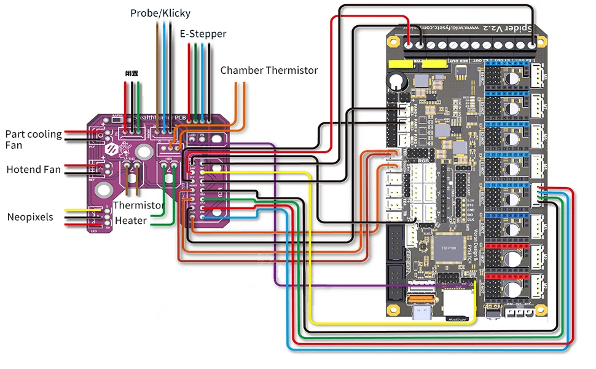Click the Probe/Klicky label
pyautogui.click(x=160, y=13)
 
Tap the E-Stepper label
pyautogui.click(x=203, y=34)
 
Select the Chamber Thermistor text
pyautogui.click(x=269, y=71)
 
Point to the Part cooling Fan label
pyautogui.click(x=33, y=140)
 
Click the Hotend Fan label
pyautogui.click(x=33, y=169)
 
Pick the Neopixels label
pyautogui.click(x=30, y=217)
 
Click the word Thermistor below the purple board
pyautogui.click(x=138, y=205)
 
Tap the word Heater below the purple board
pyautogui.click(x=130, y=220)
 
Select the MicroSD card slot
pyautogui.click(x=457, y=306)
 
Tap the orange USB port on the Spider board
pyautogui.click(x=423, y=300)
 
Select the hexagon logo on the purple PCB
pyautogui.click(x=112, y=149)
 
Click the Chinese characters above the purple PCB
pyautogui.click(x=131, y=73)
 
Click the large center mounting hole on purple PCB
pyautogui.click(x=144, y=151)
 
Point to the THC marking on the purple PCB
pyautogui.click(x=131, y=159)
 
